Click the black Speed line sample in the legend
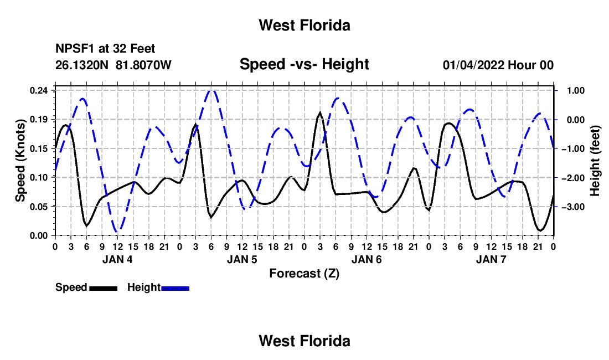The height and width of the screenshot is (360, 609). tap(104, 288)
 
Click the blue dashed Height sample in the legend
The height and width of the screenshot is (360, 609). tap(175, 288)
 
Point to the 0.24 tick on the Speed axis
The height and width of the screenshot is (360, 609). tap(38, 90)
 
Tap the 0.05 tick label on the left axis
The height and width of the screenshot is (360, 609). tap(38, 207)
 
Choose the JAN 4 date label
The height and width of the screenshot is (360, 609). tap(117, 259)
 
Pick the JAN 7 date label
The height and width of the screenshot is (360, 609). tap(491, 259)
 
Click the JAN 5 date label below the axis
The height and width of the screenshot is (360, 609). tap(242, 259)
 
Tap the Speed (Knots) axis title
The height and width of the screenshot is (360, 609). tap(20, 161)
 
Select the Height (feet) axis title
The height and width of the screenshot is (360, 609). tap(595, 161)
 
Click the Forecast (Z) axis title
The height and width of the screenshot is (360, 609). tap(304, 274)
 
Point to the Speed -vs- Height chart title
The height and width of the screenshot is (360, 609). tap(304, 64)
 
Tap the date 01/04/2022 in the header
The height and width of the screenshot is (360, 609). tap(473, 65)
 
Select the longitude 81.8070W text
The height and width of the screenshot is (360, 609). tap(143, 65)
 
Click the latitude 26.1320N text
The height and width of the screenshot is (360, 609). tap(82, 65)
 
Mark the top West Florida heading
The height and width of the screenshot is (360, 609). tap(304, 25)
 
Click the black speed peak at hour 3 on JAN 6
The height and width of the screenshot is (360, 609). tap(320, 113)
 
